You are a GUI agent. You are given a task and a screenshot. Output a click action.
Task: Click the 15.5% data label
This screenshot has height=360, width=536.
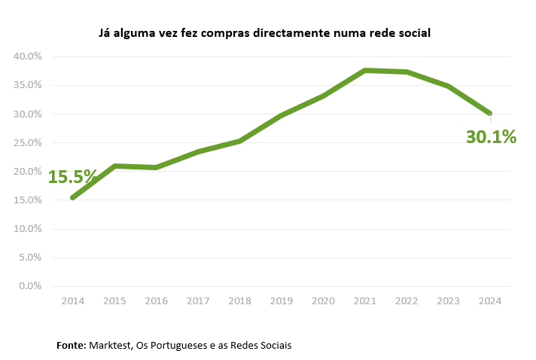point(73,177)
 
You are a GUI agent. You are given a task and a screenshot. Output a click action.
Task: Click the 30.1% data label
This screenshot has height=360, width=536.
point(491,137)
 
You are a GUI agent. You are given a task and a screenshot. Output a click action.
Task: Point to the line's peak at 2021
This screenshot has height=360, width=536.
point(365,70)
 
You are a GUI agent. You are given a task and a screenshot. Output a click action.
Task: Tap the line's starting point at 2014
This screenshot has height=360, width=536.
point(73,197)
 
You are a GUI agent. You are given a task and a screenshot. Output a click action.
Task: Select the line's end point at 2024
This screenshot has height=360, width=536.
point(490,114)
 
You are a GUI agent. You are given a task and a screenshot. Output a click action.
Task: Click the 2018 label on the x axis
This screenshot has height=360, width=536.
point(239,301)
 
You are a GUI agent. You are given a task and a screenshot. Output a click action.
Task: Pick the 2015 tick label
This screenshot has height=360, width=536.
point(114,301)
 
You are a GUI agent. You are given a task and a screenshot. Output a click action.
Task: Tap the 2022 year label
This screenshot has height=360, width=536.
point(407,301)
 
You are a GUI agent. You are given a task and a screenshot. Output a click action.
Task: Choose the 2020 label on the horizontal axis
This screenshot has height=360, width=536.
point(323,301)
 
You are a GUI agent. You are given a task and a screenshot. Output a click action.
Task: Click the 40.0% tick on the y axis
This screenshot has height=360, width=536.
point(27,56)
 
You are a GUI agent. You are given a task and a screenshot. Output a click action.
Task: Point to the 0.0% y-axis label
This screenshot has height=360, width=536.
point(29,286)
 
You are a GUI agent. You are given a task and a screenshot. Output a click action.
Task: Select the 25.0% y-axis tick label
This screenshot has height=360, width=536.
point(27,142)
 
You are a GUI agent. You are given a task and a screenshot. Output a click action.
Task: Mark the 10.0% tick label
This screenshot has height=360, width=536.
point(27,229)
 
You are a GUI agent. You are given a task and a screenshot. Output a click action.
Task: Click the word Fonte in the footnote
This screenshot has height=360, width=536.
point(71,345)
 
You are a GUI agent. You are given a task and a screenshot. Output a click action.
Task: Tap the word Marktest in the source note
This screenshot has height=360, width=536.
point(110,345)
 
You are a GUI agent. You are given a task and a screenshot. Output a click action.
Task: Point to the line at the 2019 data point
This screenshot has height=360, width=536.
point(282,115)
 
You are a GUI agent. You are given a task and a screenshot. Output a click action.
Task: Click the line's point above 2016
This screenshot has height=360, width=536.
point(157,166)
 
